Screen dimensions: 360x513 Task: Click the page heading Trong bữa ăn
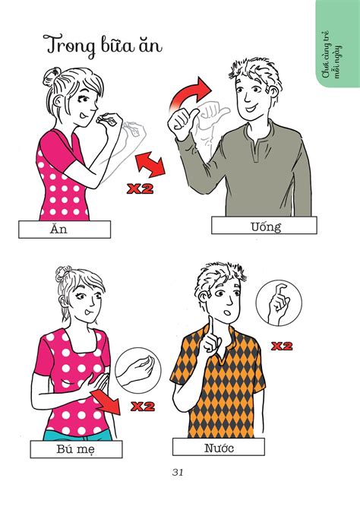pyautogui.click(x=103, y=46)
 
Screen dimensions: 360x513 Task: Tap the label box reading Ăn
pyautogui.click(x=65, y=229)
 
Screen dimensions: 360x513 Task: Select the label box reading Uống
pyautogui.click(x=264, y=226)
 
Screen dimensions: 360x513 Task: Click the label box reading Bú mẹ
pyautogui.click(x=76, y=449)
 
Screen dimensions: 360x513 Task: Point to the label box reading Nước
pyautogui.click(x=219, y=447)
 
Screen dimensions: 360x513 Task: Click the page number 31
pyautogui.click(x=178, y=472)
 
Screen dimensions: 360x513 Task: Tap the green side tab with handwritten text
pyautogui.click(x=338, y=44)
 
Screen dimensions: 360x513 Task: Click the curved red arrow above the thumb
pyautogui.click(x=188, y=94)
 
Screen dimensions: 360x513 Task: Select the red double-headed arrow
pyautogui.click(x=150, y=165)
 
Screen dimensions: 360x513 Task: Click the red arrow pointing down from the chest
pyautogui.click(x=106, y=402)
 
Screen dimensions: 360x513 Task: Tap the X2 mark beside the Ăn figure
pyautogui.click(x=140, y=188)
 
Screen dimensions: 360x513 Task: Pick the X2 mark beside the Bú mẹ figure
pyautogui.click(x=143, y=407)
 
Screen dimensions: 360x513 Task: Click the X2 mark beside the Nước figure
pyautogui.click(x=282, y=346)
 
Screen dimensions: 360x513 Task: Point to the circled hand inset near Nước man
pyautogui.click(x=279, y=303)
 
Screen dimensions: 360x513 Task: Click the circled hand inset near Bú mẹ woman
pyautogui.click(x=138, y=370)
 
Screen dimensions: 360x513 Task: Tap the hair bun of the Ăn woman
pyautogui.click(x=52, y=76)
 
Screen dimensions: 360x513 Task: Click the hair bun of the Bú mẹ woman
pyautogui.click(x=63, y=273)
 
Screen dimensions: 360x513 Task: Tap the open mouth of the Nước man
pyautogui.click(x=227, y=313)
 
